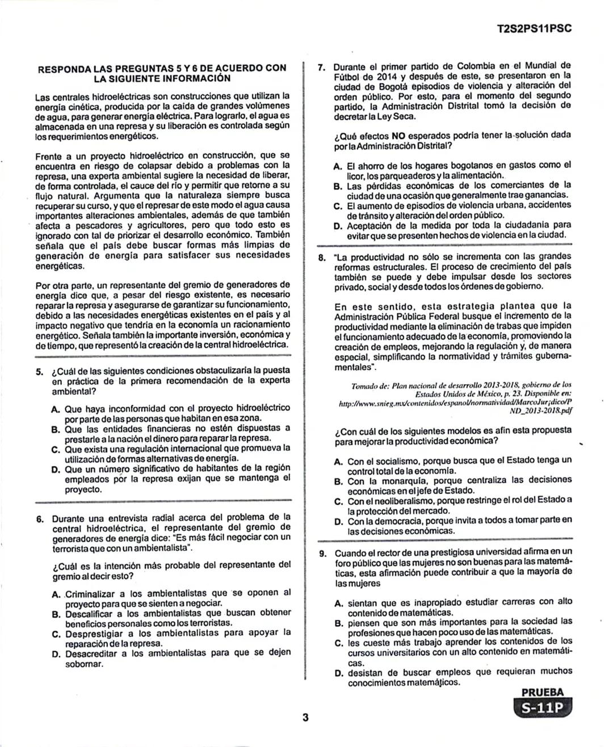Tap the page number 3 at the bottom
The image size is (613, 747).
click(305, 718)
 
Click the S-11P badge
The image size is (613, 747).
click(542, 708)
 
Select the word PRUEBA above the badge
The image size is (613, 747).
click(543, 692)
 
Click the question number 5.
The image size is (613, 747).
click(39, 372)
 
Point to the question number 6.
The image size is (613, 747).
click(40, 519)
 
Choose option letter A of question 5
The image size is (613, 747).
click(55, 410)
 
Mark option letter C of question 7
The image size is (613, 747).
click(338, 206)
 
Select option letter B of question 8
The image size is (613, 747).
click(338, 482)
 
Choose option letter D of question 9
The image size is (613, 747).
click(339, 674)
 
